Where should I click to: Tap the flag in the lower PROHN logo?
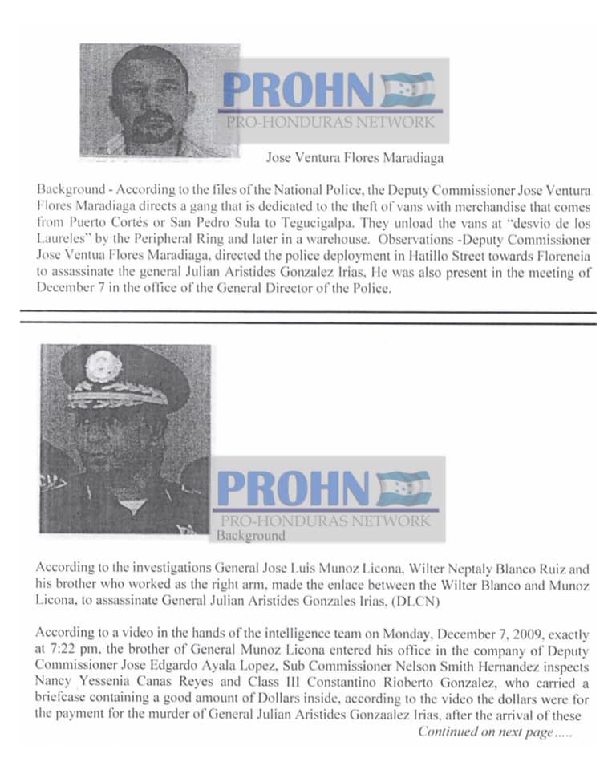(403, 488)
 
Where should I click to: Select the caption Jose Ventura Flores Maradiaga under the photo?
(355, 158)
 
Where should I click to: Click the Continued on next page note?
(496, 732)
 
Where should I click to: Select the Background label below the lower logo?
(250, 536)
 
